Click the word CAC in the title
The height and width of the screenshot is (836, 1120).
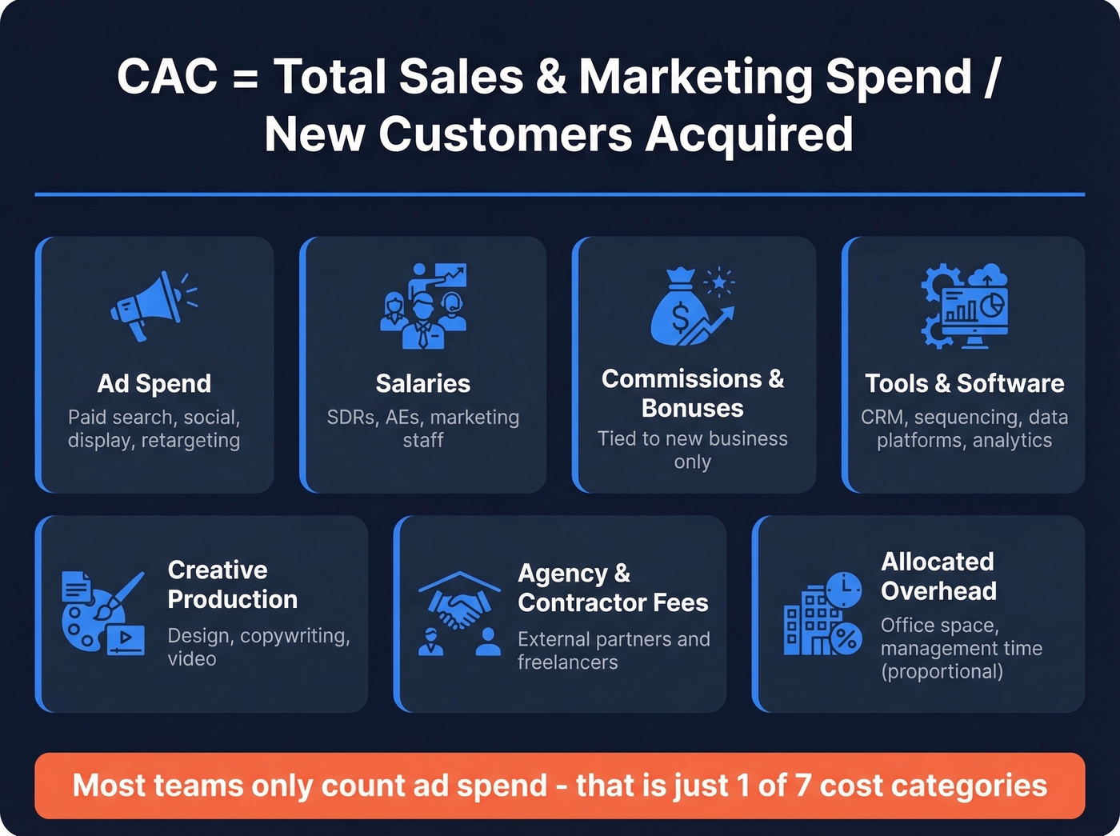(167, 77)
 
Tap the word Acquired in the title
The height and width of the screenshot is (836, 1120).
(750, 134)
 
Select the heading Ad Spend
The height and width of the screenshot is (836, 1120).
(154, 384)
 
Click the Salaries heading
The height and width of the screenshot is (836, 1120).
(423, 384)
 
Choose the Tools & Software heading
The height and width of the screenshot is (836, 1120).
(965, 384)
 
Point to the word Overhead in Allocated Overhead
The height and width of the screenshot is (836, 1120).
(938, 591)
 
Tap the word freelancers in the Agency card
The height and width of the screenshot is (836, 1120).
(567, 662)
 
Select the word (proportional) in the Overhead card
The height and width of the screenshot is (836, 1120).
(942, 671)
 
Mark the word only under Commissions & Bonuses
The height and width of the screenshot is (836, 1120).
(692, 462)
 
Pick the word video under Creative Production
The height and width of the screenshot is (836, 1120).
(192, 659)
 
